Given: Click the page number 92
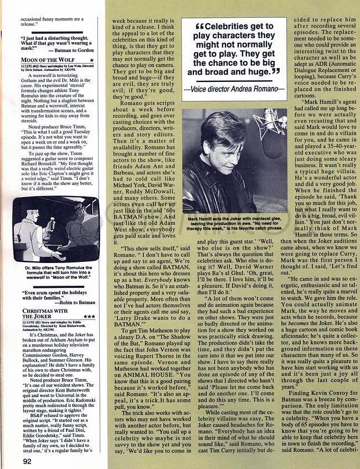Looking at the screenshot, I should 27,460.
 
